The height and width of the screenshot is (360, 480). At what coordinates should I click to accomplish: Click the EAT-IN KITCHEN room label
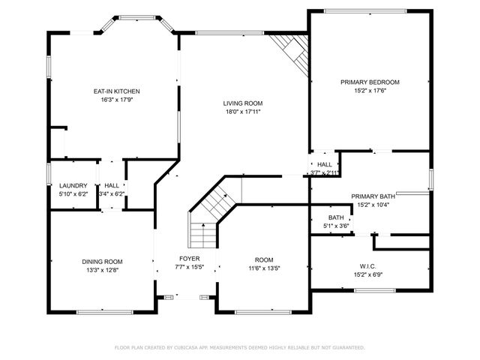coord(117,91)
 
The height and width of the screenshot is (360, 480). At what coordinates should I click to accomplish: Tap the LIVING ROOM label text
coord(242,103)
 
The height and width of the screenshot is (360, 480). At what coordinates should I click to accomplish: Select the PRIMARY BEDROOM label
coord(370,82)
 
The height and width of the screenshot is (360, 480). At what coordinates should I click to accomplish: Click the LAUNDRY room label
coord(73,185)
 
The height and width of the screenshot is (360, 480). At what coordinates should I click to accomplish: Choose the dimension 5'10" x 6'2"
coord(73,193)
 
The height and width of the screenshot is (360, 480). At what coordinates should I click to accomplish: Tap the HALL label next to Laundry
coord(111,185)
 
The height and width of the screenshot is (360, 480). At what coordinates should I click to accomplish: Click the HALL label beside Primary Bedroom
coord(325,164)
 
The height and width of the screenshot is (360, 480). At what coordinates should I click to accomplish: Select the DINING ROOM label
coord(102,261)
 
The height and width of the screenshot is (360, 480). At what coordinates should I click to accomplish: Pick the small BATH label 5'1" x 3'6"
coord(335,217)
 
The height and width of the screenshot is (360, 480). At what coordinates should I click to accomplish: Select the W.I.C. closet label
coord(370,265)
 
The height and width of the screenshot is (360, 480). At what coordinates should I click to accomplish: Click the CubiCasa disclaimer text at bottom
coord(239,347)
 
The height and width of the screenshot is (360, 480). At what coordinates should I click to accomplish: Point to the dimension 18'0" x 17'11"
coord(242,112)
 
